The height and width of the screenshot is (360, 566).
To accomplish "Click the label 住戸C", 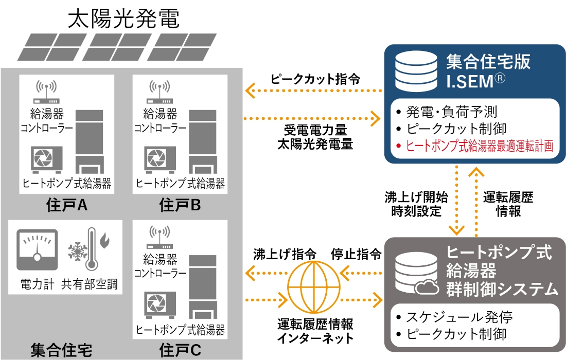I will (180, 351).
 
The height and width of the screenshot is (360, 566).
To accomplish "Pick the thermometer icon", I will (92, 252).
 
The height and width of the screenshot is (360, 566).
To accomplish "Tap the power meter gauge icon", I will (37, 250).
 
